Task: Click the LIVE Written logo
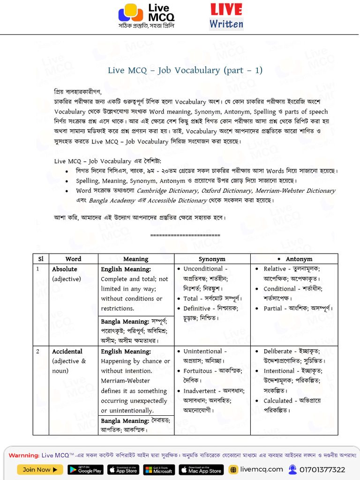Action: tap(226, 16)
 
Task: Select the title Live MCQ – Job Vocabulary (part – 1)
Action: tap(185, 70)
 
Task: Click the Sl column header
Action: tap(41, 259)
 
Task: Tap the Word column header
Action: tap(73, 259)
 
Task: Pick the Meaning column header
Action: tap(135, 259)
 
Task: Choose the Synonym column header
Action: tap(212, 259)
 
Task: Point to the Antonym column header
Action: tap(299, 259)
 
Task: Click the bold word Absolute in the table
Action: tap(65, 269)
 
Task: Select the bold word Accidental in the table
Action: tap(67, 352)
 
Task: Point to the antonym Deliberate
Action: tap(277, 351)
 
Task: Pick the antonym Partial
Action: tap(273, 308)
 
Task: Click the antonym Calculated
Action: tap(277, 401)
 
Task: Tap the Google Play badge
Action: tap(85, 470)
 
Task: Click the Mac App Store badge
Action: tap(201, 470)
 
